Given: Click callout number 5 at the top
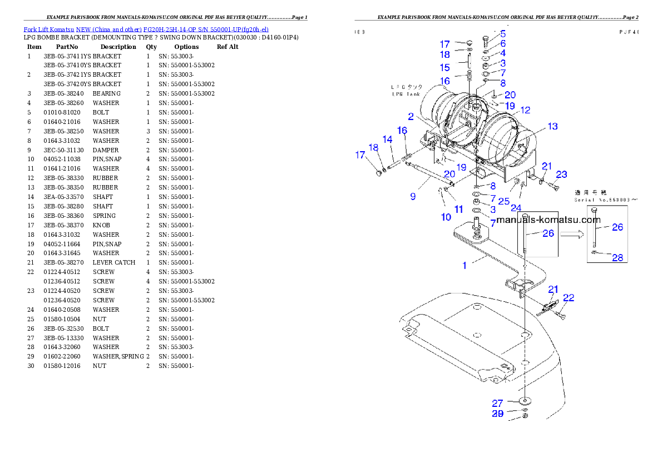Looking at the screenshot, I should point(503,34).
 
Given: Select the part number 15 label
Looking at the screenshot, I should point(444,68).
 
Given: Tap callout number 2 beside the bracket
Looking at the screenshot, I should point(411,117).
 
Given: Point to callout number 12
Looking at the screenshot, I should point(525,110).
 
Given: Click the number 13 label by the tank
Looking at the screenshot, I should point(552,127).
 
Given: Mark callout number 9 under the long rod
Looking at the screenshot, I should point(413,196).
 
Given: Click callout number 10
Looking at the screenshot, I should point(446,217).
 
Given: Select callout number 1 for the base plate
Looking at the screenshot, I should point(465,265).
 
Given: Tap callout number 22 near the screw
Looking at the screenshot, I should point(568,298).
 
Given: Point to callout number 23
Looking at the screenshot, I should point(561,175).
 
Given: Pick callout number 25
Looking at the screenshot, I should point(503,201).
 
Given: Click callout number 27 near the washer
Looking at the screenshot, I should point(497,403).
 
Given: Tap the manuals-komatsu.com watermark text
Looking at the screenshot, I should point(548,220).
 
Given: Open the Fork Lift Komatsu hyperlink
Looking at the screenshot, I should point(146,29).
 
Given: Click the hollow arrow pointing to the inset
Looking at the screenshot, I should point(572,235).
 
